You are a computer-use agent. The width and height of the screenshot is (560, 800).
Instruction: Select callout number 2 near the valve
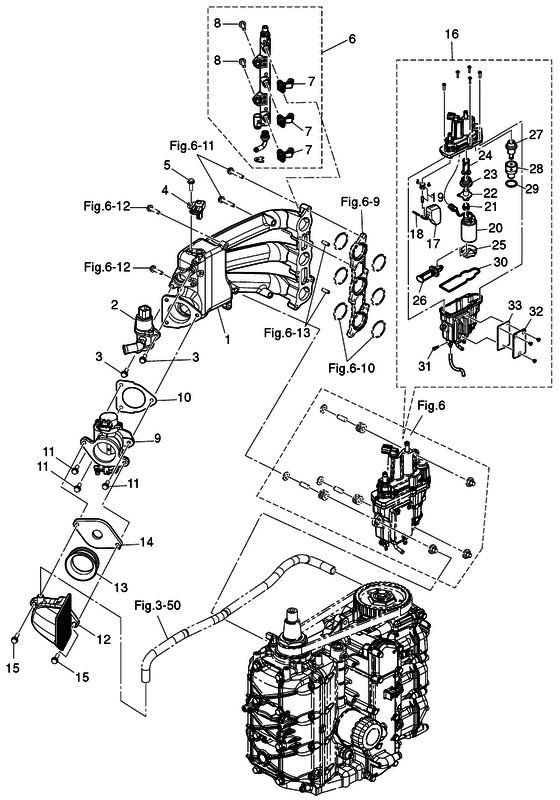[115, 304]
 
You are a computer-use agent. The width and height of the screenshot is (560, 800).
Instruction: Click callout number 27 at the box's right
[535, 134]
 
